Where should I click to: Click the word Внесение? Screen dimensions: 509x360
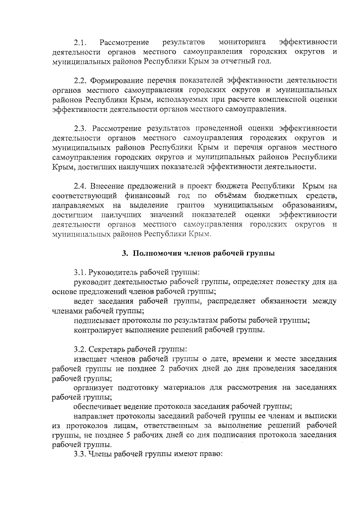click(x=110, y=186)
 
